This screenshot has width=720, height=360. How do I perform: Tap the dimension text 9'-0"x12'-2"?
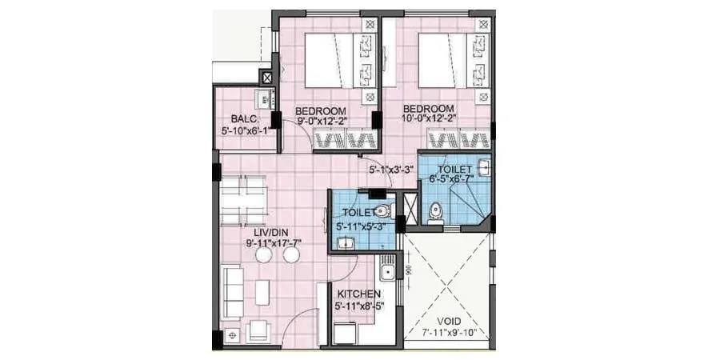pyautogui.click(x=320, y=122)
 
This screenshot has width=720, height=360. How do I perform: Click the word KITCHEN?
pyautogui.click(x=358, y=294)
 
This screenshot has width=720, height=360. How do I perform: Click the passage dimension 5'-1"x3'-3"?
pyautogui.click(x=390, y=170)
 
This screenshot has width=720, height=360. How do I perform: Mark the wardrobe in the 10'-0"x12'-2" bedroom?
pyautogui.click(x=458, y=141)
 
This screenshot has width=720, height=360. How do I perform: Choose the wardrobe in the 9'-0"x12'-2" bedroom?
pyautogui.click(x=344, y=141)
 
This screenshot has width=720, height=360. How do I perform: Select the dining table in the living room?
pyautogui.click(x=243, y=201)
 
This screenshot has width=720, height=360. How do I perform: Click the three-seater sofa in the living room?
pyautogui.click(x=233, y=290)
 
